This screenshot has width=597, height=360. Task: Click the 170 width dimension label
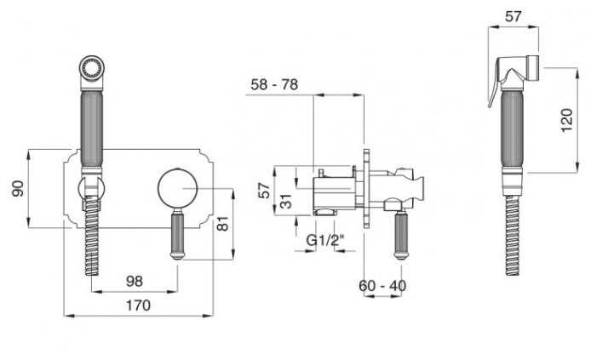(138, 306)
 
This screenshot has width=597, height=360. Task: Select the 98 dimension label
(135, 281)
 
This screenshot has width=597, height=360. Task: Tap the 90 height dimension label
(18, 189)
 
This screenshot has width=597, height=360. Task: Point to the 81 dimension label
(223, 223)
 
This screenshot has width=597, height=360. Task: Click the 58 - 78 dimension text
(274, 84)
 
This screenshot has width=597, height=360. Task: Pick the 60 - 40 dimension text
(382, 286)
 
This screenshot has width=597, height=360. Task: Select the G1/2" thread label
(325, 240)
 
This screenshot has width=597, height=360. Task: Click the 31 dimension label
(287, 201)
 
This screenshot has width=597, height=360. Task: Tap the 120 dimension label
(567, 120)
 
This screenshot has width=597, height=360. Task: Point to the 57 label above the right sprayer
(514, 16)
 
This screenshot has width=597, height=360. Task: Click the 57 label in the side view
(264, 191)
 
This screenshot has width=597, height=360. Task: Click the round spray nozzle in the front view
(91, 68)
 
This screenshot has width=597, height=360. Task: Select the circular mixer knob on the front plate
(177, 188)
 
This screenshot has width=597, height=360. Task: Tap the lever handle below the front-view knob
(177, 235)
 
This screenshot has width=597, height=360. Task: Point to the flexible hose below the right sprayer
(513, 236)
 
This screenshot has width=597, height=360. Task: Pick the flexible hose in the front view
(92, 235)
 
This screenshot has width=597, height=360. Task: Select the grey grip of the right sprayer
(513, 129)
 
